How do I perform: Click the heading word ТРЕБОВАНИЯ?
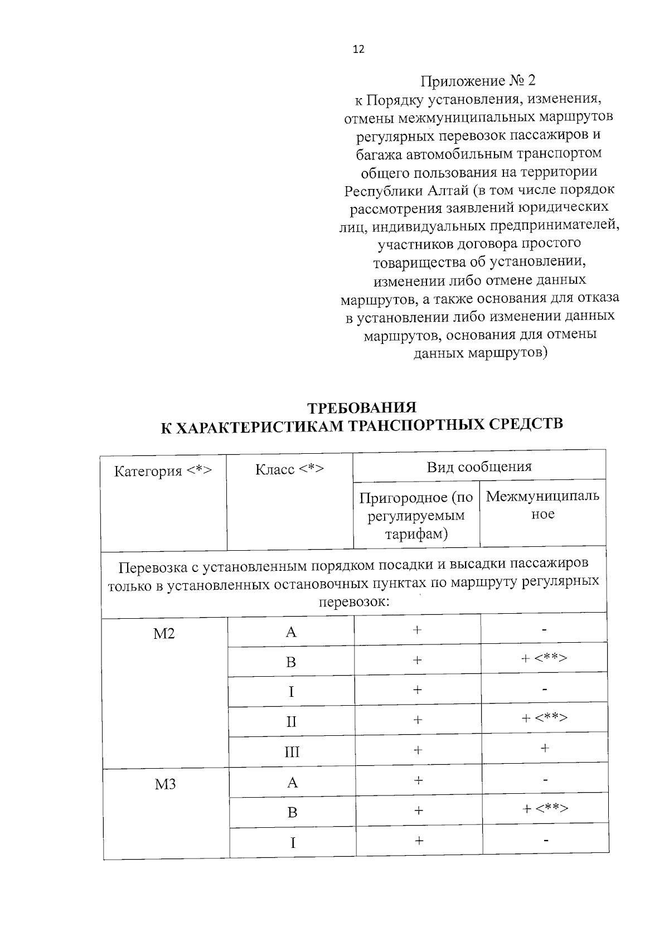tap(362, 407)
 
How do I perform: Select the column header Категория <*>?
tap(163, 471)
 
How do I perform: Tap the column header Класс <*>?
tap(289, 469)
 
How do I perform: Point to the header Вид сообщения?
tap(479, 467)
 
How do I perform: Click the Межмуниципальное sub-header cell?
tap(542, 505)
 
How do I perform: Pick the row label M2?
tap(164, 634)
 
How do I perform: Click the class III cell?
tap(292, 753)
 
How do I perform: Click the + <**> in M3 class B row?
tap(545, 808)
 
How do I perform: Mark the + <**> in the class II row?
tap(544, 718)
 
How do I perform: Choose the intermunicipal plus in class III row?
tap(545, 748)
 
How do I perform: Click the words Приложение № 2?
tap(477, 81)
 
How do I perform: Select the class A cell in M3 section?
tap(292, 783)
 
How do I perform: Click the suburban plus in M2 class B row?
tap(417, 661)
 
